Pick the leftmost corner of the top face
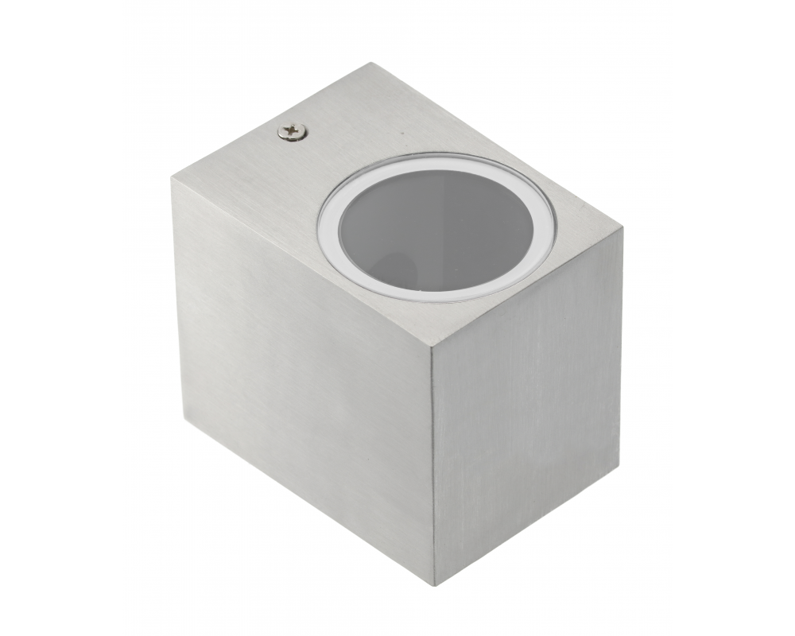tap(172, 178)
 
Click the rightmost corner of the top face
tap(622, 230)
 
